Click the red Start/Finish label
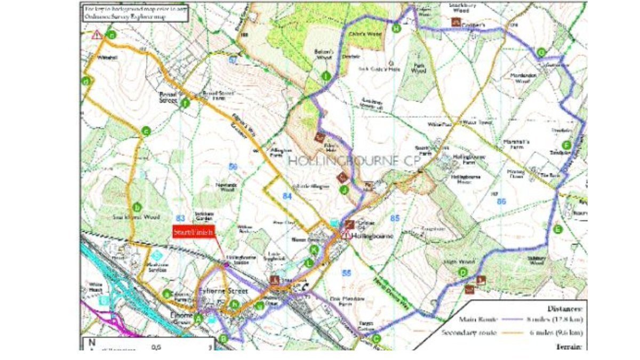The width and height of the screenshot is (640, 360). [x=194, y=232]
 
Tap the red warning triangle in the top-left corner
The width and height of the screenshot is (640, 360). [x=96, y=35]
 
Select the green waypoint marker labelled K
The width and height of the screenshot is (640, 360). [x=314, y=249]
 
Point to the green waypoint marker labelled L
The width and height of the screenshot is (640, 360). [x=309, y=262]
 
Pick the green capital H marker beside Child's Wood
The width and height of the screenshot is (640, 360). [x=396, y=28]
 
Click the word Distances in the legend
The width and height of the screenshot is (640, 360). [x=564, y=309]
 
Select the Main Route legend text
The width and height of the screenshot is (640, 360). [x=478, y=319]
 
